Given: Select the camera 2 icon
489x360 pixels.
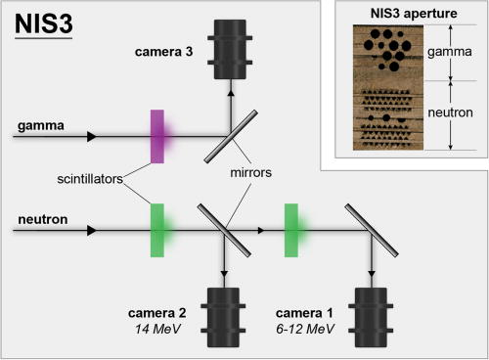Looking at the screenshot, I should (x=225, y=313).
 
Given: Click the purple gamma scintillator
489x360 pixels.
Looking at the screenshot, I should (x=156, y=135).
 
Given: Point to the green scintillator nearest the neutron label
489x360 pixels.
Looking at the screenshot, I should (x=156, y=231).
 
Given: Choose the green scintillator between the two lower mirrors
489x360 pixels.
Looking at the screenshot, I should (x=291, y=231).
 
